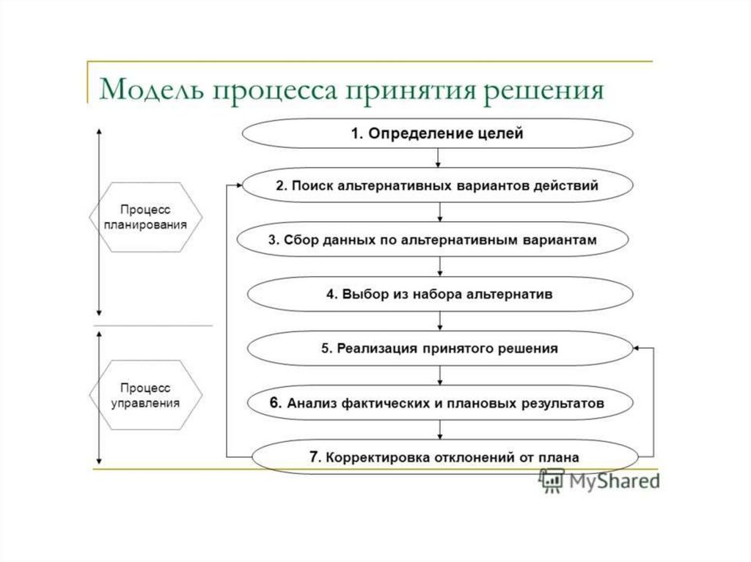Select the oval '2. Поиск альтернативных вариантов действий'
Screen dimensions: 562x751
tap(437, 186)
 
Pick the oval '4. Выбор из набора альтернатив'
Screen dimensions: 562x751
tap(439, 294)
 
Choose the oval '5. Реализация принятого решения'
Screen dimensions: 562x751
tap(439, 349)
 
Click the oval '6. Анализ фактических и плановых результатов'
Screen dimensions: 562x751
tap(439, 402)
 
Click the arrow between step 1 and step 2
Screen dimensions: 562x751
tap(438, 158)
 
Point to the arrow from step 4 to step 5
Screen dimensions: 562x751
tap(439, 320)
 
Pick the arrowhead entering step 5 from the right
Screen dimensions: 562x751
tap(637, 350)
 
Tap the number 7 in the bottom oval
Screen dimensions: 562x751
tap(313, 456)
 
